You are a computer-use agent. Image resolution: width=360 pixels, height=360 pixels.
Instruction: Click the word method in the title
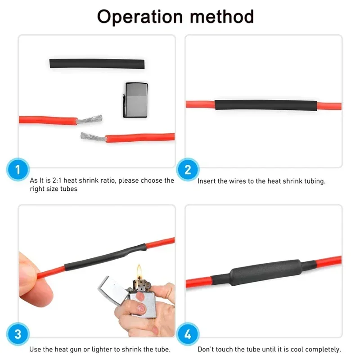[222, 17]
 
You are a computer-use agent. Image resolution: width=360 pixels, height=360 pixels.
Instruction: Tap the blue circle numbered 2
[188, 170]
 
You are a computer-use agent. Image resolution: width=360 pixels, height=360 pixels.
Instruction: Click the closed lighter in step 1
[135, 99]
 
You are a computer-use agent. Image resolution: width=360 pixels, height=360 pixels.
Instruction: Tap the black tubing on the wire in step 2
[265, 105]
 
